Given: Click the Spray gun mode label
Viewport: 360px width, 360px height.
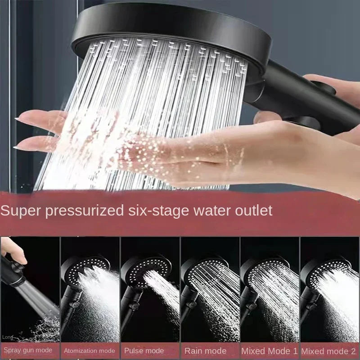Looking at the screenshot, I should point(28,350).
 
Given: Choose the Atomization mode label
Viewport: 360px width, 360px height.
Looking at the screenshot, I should point(89,351).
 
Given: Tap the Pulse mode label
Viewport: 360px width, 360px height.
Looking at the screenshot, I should point(144,351).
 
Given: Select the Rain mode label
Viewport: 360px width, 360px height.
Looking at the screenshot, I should point(205,351).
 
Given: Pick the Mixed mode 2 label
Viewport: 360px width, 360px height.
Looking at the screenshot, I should point(329,351).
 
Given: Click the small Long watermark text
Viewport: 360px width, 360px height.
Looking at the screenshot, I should point(7,337).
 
